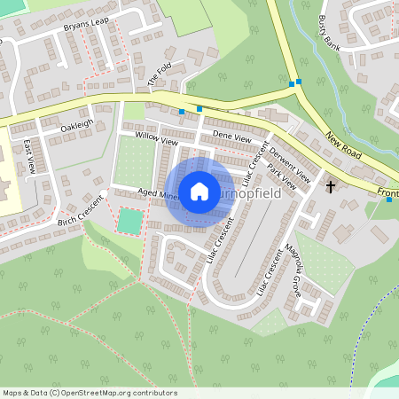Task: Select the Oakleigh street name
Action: [76, 127]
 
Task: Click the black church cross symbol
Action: [332, 187]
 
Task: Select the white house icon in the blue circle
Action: [199, 191]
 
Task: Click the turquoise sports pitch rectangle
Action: [129, 221]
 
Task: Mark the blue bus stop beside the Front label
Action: [388, 199]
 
